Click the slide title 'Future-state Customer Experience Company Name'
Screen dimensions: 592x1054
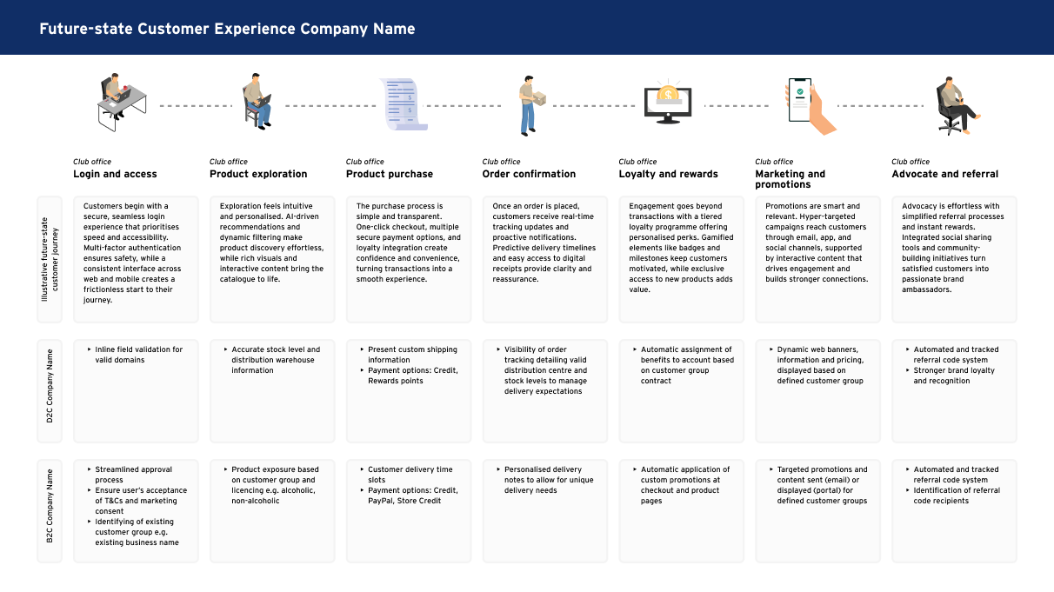pyautogui.click(x=227, y=29)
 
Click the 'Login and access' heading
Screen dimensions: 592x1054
pyautogui.click(x=115, y=174)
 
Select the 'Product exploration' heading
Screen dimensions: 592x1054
pyautogui.click(x=258, y=174)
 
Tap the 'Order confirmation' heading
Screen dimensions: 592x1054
pyautogui.click(x=529, y=174)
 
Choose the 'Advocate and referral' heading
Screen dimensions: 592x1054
pyautogui.click(x=944, y=174)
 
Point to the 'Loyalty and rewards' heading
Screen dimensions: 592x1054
pyautogui.click(x=668, y=174)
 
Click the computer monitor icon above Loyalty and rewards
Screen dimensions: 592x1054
pyautogui.click(x=668, y=104)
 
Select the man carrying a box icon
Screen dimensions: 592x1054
pyautogui.click(x=531, y=104)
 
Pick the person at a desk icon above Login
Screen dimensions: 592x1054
pyautogui.click(x=119, y=103)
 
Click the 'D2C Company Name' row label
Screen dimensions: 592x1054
pyautogui.click(x=50, y=386)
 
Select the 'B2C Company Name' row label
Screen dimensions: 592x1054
pyautogui.click(x=50, y=506)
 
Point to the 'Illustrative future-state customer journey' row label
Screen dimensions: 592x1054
pyautogui.click(x=50, y=258)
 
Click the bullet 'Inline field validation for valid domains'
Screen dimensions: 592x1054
pyautogui.click(x=138, y=355)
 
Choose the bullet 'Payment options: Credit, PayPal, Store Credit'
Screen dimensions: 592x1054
pyautogui.click(x=412, y=496)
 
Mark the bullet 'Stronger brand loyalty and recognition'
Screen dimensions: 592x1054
pyautogui.click(x=953, y=376)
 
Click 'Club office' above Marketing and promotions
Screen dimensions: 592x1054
pyautogui.click(x=774, y=162)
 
